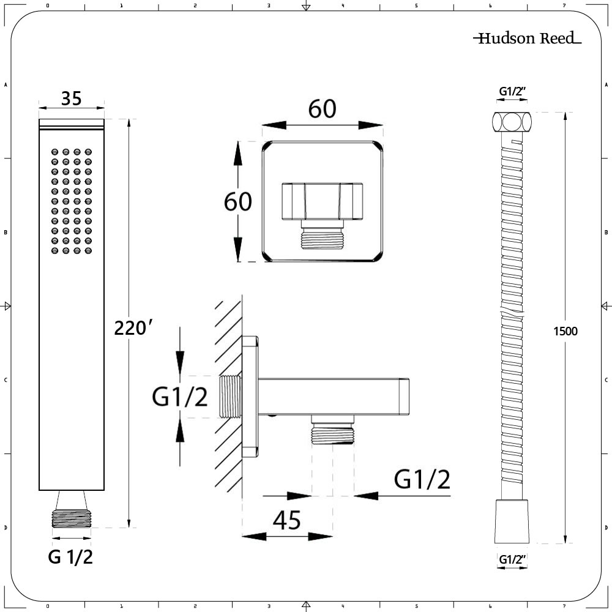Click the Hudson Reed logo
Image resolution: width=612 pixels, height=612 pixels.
[526, 39]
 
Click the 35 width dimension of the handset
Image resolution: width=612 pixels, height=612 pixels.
[72, 98]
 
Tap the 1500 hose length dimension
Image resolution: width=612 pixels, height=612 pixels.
[565, 331]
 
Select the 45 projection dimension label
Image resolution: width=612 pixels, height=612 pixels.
[286, 521]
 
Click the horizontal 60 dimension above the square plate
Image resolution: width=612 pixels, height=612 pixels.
[323, 110]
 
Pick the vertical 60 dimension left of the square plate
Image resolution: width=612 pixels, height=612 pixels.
[238, 201]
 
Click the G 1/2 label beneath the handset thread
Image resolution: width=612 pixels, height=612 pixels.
[71, 557]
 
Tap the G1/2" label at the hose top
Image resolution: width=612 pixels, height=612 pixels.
[513, 92]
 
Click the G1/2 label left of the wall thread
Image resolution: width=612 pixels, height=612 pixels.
[180, 398]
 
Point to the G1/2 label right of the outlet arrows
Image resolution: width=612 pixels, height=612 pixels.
[422, 480]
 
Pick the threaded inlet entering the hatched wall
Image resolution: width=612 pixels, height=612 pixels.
[231, 397]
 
